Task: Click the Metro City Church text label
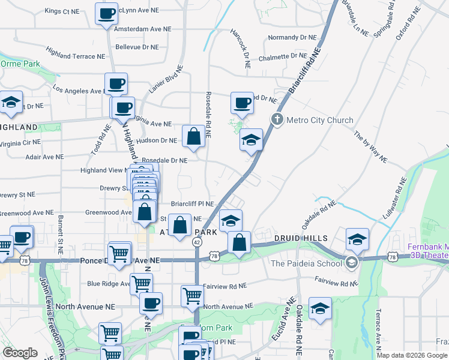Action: click(320, 120)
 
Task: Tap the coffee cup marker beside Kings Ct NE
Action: click(107, 14)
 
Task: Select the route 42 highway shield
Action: click(197, 241)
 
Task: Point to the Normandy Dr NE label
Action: click(292, 37)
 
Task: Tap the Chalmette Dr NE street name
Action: click(283, 56)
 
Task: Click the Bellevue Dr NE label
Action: click(137, 47)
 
